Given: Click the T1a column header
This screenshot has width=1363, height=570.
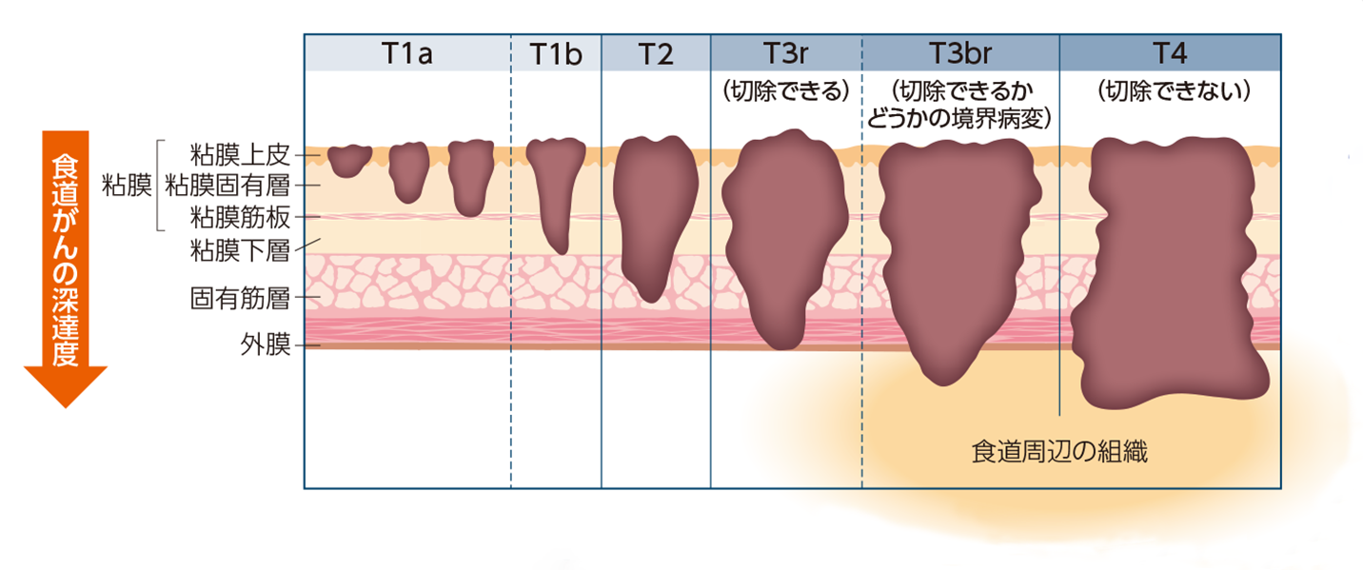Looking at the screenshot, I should [x=407, y=53].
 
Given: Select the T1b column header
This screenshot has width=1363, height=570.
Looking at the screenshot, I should [x=556, y=53].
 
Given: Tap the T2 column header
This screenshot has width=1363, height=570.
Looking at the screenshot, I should [x=656, y=53].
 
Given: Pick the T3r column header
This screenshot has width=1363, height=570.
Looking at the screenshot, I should [x=786, y=53].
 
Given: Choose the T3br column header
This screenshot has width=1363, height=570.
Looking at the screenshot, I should [x=960, y=53].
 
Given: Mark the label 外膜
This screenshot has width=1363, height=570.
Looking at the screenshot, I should [x=265, y=344].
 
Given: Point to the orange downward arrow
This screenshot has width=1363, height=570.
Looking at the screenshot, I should [x=65, y=266].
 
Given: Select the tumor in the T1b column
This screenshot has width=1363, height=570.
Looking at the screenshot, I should [x=551, y=190].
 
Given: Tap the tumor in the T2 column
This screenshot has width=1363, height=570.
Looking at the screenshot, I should [x=655, y=214].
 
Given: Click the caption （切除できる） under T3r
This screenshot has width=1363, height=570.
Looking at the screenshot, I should [x=786, y=92].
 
